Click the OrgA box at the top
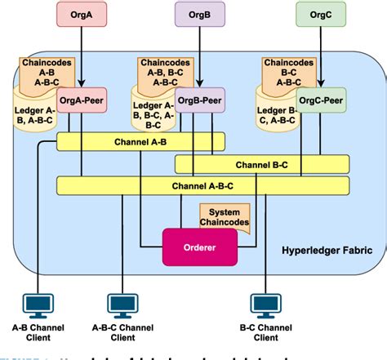[80, 14]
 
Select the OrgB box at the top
[200, 14]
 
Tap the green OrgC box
[320, 14]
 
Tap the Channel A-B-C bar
[202, 186]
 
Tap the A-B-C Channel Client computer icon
[123, 306]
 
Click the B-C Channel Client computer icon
[265, 306]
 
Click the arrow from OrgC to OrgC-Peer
[320, 57]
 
